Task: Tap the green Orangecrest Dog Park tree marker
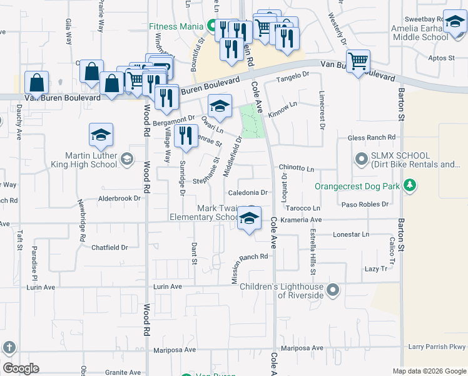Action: [410, 185]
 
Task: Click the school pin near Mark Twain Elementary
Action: [249, 219]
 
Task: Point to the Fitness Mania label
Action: [176, 26]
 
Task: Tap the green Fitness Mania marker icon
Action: [212, 26]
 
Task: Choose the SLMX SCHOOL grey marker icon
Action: [360, 159]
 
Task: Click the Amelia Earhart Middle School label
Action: [419, 33]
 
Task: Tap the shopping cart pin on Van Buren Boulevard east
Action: [358, 61]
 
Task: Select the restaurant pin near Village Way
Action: [185, 136]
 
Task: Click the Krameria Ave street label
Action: [300, 221]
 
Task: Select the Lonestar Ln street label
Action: [352, 234]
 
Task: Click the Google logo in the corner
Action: [21, 368]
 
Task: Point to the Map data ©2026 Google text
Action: [429, 371]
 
